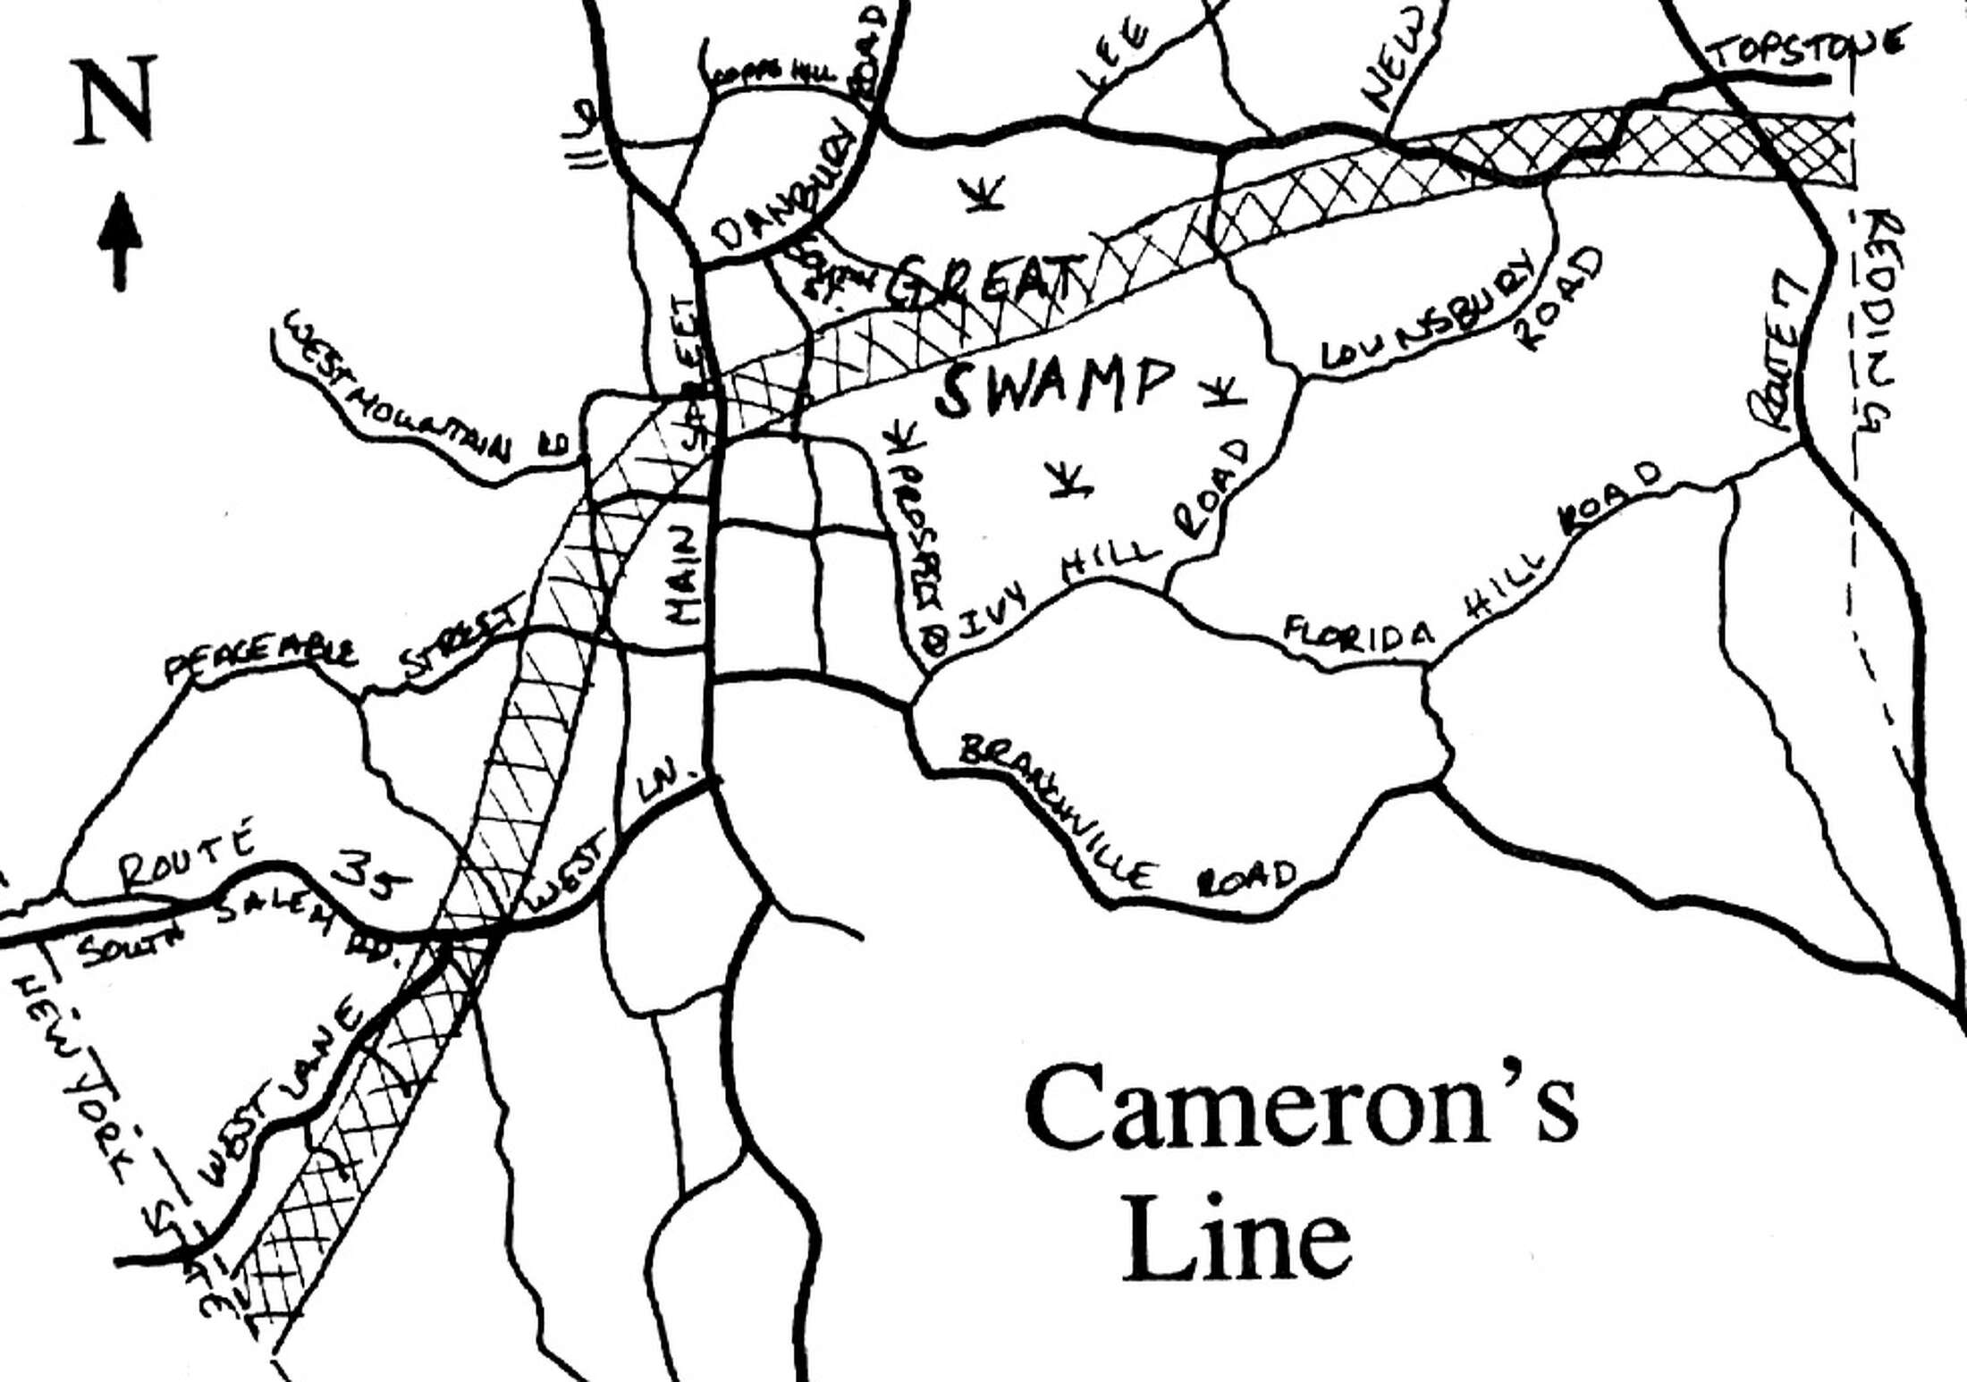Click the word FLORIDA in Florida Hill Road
1359,632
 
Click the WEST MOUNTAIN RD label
420,393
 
